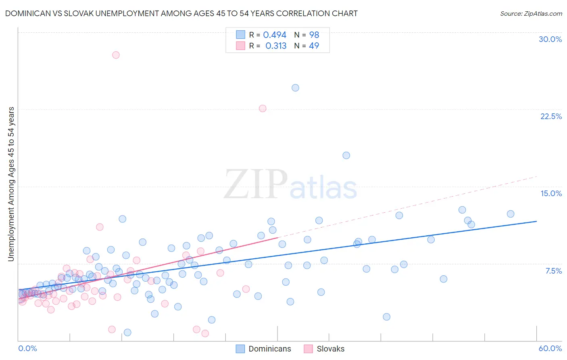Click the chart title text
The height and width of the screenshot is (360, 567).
181,13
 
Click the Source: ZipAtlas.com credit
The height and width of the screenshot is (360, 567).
531,13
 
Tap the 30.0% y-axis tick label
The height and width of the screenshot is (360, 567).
550,39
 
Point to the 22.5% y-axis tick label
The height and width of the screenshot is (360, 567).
551,116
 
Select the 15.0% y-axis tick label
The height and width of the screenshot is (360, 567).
551,193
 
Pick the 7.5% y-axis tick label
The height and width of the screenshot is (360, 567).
553,271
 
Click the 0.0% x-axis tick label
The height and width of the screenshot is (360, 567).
27,348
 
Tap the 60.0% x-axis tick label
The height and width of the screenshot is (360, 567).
550,348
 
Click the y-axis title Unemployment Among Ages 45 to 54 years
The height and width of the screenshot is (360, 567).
11,184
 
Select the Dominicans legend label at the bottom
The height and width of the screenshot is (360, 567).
269,349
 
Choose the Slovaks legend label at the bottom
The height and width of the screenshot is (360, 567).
330,349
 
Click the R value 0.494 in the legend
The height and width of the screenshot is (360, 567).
275,35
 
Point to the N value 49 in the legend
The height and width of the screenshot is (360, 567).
314,46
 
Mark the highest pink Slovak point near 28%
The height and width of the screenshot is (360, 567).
116,55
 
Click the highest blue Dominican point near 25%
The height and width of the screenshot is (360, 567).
295,88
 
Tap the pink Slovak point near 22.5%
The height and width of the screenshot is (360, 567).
263,108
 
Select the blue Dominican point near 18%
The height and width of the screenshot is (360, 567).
346,155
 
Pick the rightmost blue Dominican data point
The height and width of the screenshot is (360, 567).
511,214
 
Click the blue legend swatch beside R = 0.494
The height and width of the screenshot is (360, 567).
240,35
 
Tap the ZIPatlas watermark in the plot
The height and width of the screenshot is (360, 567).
290,185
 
